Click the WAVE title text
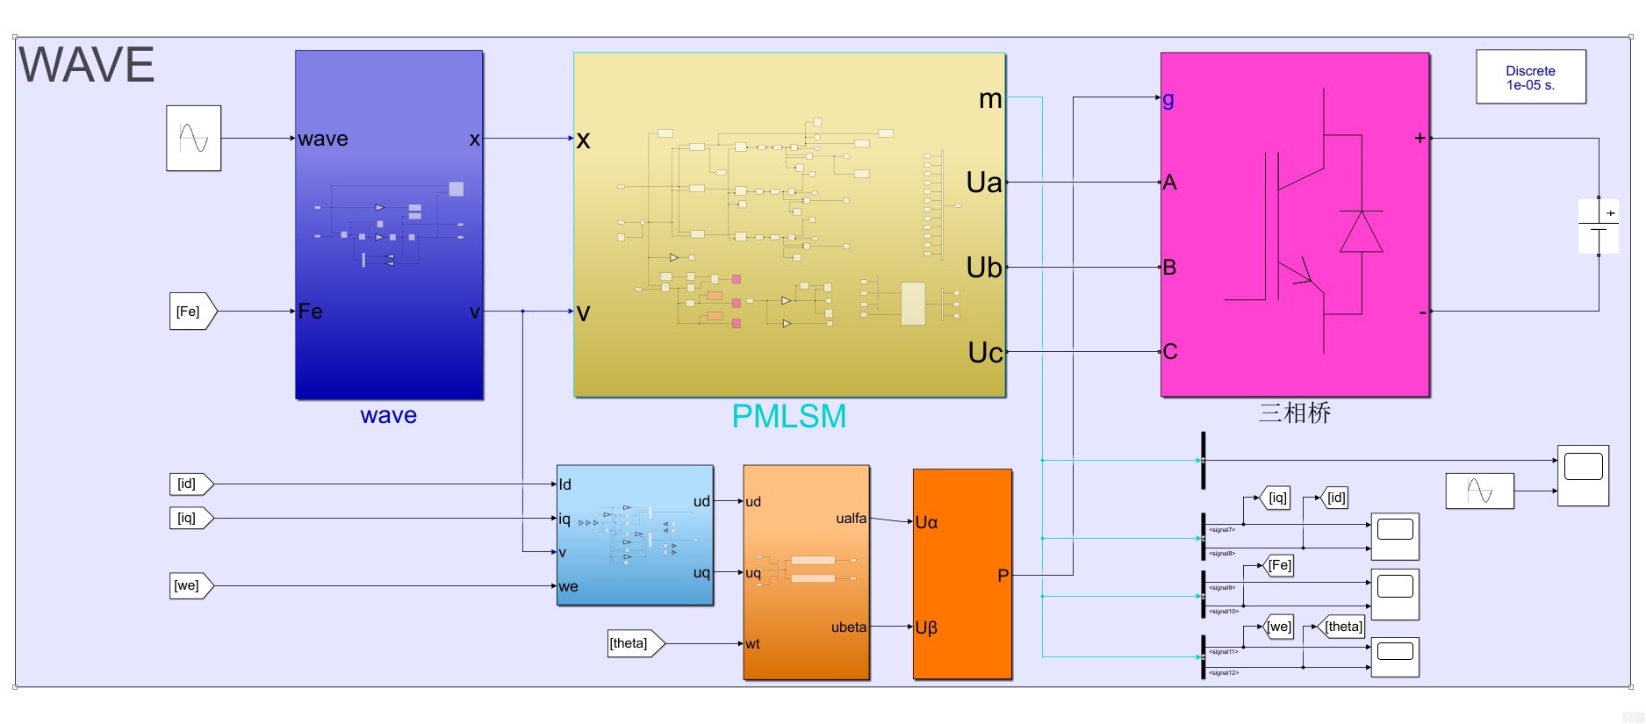pyautogui.click(x=86, y=66)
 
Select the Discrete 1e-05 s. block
pyautogui.click(x=1530, y=77)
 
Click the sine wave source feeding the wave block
pyautogui.click(x=193, y=138)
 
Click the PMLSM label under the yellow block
pyautogui.click(x=788, y=416)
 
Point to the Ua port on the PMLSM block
pyautogui.click(x=984, y=183)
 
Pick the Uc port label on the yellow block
pyautogui.click(x=985, y=353)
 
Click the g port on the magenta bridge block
pyautogui.click(x=1168, y=99)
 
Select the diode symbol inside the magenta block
pyautogui.click(x=1361, y=232)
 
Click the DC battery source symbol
pyautogui.click(x=1599, y=226)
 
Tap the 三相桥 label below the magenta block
pyautogui.click(x=1295, y=412)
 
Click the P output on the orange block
pyautogui.click(x=1003, y=576)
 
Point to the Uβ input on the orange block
pyautogui.click(x=926, y=627)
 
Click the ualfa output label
pyautogui.click(x=851, y=519)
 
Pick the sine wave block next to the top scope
pyautogui.click(x=1479, y=491)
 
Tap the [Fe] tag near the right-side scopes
pyautogui.click(x=1279, y=566)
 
